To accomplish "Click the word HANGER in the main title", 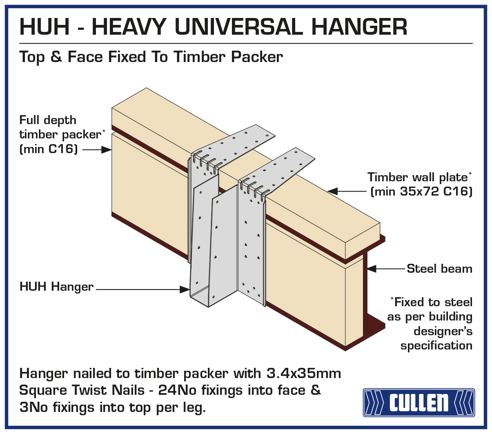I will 359,27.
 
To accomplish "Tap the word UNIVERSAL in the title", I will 238,27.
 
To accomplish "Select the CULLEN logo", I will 419,402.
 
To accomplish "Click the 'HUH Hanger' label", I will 56,287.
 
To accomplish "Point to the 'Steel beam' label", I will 439,269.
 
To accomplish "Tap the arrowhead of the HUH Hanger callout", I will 185,289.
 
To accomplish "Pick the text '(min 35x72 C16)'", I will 421,191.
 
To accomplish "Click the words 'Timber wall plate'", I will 417,177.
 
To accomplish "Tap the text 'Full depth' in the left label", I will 48,120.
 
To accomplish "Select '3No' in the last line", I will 33,407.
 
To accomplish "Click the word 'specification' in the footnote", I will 436,346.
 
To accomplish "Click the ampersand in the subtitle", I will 56,57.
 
